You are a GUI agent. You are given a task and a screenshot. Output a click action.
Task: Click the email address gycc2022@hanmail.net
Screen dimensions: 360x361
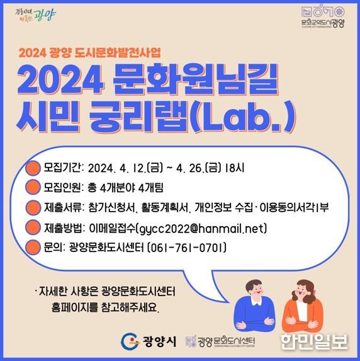202,229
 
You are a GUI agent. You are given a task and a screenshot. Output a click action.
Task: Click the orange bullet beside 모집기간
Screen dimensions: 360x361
33,168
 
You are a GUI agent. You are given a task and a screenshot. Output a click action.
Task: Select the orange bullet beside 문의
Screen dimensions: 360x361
33,248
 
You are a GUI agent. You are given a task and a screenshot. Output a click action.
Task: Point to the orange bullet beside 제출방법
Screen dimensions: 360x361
33,227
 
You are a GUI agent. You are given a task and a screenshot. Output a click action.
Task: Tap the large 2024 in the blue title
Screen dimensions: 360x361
60,79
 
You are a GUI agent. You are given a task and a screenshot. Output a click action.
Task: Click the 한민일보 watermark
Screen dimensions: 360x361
314,341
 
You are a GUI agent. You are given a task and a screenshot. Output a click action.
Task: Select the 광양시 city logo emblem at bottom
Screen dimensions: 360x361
130,341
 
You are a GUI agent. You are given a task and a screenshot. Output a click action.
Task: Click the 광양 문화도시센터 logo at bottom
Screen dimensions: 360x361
220,341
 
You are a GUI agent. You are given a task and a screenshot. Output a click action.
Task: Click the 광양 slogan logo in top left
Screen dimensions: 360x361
35,15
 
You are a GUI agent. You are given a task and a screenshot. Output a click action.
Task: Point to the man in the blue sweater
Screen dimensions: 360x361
254,306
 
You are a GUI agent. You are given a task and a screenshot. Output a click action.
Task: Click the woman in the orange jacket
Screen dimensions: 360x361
303,306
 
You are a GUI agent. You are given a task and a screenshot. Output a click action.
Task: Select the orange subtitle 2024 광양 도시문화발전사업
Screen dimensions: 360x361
90,53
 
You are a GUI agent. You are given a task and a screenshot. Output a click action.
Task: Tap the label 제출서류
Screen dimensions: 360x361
62,207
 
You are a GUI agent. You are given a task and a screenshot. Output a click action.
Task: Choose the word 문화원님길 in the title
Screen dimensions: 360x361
196,79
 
